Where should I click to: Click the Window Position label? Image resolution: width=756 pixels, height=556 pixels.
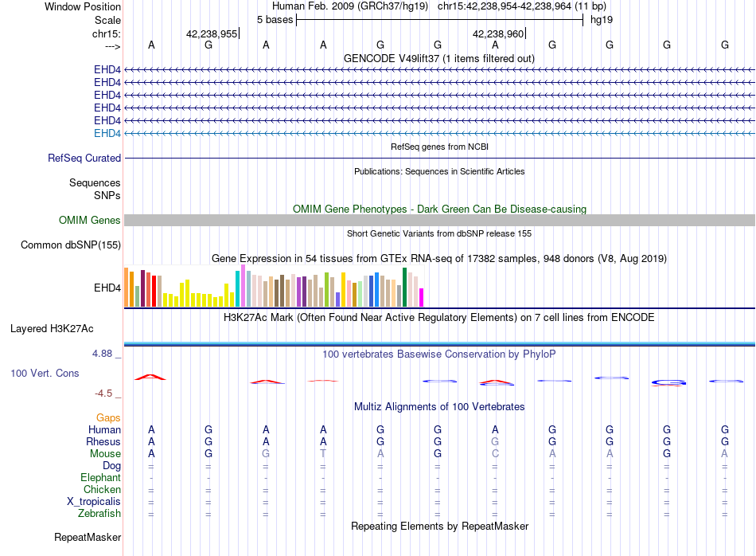coord(83,6)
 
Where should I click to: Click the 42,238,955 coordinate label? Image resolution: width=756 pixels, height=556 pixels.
coord(212,33)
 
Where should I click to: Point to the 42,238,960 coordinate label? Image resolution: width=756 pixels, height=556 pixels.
coord(498,33)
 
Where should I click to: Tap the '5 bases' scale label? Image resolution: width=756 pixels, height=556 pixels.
coord(275,20)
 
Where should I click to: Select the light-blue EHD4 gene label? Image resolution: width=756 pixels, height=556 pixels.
coord(107,133)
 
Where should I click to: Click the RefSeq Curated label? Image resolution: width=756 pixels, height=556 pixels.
coord(84,158)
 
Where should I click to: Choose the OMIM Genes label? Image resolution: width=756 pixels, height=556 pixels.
coord(89,220)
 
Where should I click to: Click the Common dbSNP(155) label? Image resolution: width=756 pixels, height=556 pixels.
coord(71,245)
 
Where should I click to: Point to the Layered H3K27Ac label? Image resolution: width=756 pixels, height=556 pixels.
coord(52,329)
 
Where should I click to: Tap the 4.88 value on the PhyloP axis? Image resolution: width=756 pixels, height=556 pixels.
coord(102,354)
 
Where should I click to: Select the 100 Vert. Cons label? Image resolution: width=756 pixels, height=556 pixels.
coord(45,373)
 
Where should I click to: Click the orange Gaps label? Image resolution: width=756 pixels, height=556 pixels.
coord(108,417)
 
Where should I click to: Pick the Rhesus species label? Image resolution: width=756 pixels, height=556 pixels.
coord(103,441)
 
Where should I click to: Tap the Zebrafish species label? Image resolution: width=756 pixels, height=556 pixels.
coord(99,513)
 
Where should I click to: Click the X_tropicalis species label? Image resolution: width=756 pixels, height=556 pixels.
coord(94,502)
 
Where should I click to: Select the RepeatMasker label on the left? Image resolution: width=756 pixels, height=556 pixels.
coord(88,537)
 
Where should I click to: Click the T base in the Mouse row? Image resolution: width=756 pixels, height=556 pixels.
coord(323,454)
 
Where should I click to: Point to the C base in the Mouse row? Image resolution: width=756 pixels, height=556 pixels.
coord(495,454)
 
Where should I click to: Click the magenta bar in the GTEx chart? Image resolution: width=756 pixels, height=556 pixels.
coord(422,297)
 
